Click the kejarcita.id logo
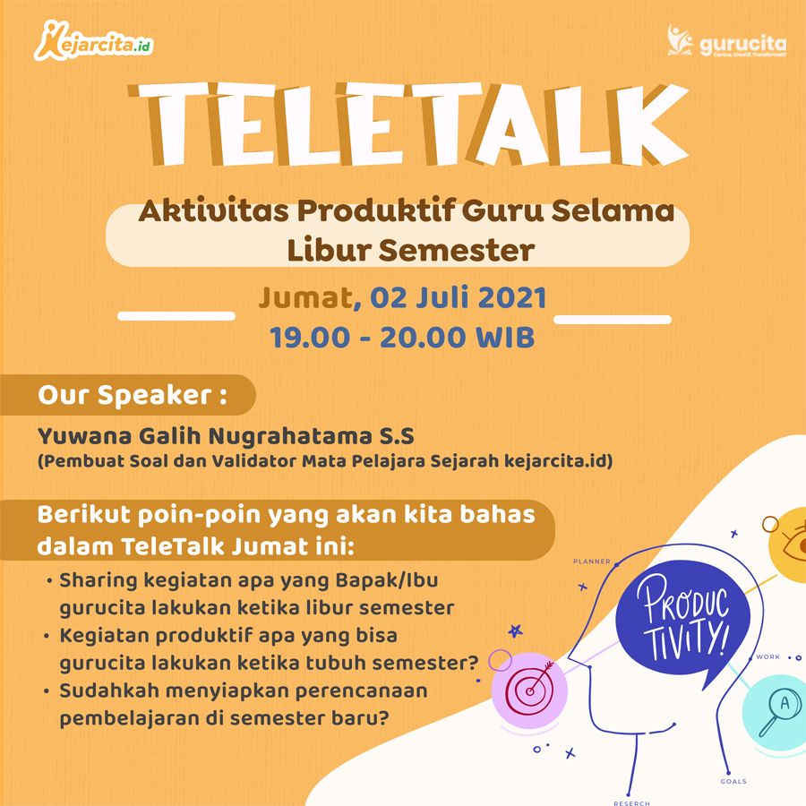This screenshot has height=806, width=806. [94, 41]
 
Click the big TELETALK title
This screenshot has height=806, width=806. [408, 124]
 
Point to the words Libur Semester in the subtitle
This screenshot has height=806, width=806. [411, 251]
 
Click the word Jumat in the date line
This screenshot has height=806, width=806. [306, 297]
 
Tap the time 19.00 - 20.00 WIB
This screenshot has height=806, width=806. [402, 338]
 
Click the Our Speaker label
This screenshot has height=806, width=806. [133, 395]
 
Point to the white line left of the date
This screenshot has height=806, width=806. [176, 316]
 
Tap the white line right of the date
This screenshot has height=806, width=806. [613, 319]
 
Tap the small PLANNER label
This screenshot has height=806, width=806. [592, 562]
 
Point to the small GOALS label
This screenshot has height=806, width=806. [733, 781]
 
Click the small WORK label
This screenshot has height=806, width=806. [768, 657]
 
